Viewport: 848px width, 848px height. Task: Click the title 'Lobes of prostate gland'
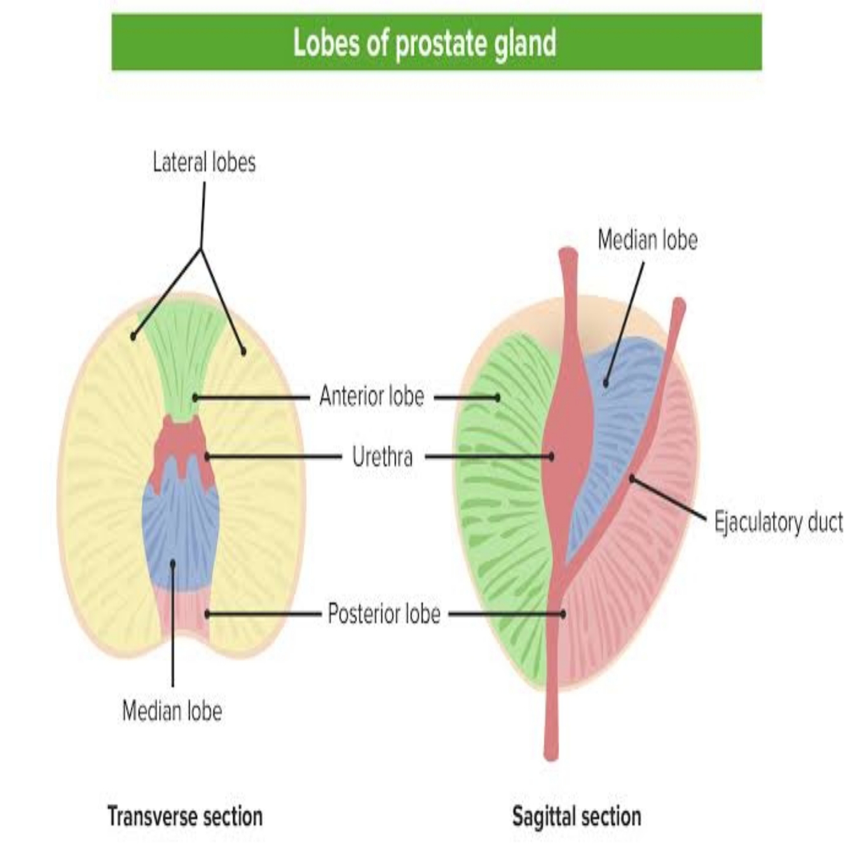[424, 43]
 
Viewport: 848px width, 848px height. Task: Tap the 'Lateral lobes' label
[204, 162]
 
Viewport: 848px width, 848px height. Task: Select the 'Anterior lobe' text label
[371, 396]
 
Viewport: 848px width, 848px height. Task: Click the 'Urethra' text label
[382, 456]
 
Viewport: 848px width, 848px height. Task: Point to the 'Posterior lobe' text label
[383, 614]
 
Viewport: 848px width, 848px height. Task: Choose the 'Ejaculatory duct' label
[778, 523]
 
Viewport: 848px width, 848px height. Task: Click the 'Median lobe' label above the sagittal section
[647, 240]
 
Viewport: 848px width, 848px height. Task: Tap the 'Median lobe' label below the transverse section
[172, 711]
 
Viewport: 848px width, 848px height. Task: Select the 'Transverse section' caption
[185, 816]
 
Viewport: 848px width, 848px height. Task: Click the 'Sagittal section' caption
[577, 816]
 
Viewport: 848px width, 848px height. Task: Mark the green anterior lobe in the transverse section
[182, 356]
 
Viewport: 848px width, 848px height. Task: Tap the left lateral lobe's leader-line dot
[133, 336]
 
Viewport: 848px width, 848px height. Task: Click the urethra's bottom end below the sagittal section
[551, 753]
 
